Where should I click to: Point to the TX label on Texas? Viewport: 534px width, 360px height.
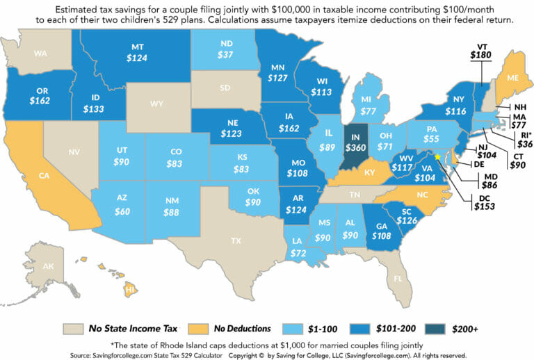tap(236, 241)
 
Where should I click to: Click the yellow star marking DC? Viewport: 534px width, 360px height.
tap(437, 157)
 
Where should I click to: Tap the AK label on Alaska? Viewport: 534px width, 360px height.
tap(49, 265)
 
